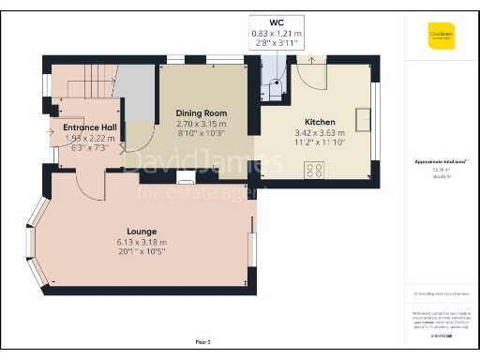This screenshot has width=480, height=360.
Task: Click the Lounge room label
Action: tap(142, 231)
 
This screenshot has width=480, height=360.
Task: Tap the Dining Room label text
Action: tap(202, 113)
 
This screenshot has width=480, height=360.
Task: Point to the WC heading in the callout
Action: tap(277, 22)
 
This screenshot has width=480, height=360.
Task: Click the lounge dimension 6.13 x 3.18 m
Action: tap(142, 241)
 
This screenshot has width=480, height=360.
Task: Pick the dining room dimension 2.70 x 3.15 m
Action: tap(202, 124)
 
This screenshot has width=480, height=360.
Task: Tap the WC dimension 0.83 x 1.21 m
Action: tap(277, 34)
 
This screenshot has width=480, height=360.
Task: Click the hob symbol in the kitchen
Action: tap(313, 170)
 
